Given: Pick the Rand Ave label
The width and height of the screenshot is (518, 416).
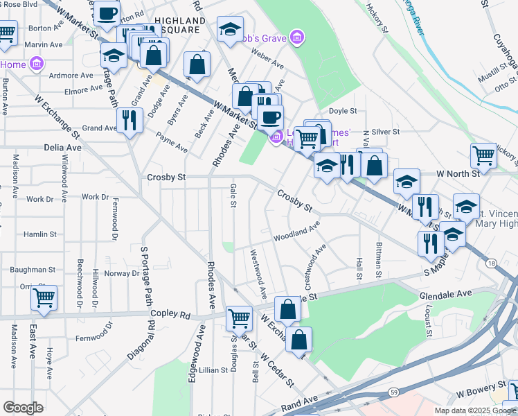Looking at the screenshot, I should [x=299, y=400].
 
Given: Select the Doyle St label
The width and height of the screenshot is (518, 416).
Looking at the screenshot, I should [x=342, y=111].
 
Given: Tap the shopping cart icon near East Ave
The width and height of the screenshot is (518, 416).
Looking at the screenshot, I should [x=44, y=298].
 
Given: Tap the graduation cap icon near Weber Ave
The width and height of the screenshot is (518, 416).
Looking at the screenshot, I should [x=230, y=30].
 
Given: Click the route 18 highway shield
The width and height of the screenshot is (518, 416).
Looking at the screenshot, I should [x=491, y=263].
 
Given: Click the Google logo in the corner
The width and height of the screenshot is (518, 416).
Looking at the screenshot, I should [x=23, y=408].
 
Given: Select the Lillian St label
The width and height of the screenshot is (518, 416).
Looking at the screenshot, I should [x=213, y=370].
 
